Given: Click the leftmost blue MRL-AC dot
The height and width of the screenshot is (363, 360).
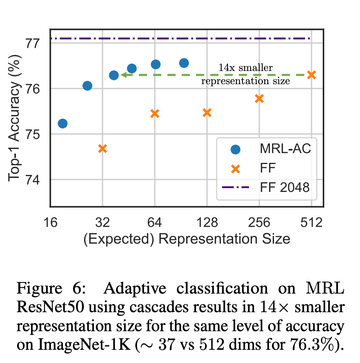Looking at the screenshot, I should point(62,123).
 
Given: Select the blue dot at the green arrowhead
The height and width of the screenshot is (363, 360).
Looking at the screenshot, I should point(114,75).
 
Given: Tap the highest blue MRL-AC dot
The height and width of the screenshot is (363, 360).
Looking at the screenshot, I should point(184,63).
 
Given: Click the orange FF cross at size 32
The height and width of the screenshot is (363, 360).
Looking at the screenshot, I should point(102,149).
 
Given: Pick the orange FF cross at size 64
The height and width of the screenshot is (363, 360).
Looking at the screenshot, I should point(155,114).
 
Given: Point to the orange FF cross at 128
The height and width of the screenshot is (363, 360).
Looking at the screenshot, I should point(207,113).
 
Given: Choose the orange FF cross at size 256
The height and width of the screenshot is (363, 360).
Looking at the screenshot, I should point(259,99).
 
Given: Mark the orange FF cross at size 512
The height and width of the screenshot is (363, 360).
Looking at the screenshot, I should point(312,75).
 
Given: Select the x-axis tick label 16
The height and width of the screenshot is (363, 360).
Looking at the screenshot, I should point(50,223).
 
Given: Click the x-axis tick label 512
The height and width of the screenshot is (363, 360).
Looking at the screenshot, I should point(312,223).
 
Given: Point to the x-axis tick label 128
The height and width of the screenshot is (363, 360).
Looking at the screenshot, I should point(207,223).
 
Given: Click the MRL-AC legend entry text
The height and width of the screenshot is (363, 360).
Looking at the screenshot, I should point(285,149).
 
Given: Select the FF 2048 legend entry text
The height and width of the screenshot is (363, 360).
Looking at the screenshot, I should point(285,188).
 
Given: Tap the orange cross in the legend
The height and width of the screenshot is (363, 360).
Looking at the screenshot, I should point(235,169).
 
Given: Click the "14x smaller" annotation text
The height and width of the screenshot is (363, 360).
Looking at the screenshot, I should point(246,68).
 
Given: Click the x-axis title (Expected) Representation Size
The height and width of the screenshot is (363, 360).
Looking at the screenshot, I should point(187,239).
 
